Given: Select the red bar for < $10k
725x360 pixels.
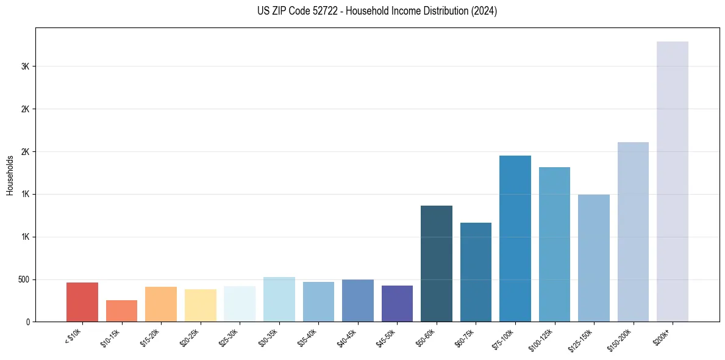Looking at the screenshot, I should (x=82, y=302).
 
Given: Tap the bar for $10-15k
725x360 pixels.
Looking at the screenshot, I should (x=121, y=311).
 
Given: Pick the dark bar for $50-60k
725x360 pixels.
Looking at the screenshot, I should (x=437, y=264).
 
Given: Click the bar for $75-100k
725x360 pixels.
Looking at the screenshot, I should (x=515, y=239).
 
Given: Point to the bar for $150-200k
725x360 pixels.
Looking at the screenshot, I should (x=633, y=232).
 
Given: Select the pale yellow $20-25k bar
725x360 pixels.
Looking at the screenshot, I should (x=200, y=305).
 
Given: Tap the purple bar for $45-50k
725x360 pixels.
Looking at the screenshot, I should (x=397, y=303).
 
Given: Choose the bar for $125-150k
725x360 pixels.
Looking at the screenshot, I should (x=593, y=258).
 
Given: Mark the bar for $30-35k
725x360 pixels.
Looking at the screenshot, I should (x=279, y=299).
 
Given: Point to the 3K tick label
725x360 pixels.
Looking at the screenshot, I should (x=25, y=67).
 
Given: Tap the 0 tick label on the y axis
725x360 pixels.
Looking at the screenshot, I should (x=28, y=322).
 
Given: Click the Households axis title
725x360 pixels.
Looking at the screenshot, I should (x=10, y=175).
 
